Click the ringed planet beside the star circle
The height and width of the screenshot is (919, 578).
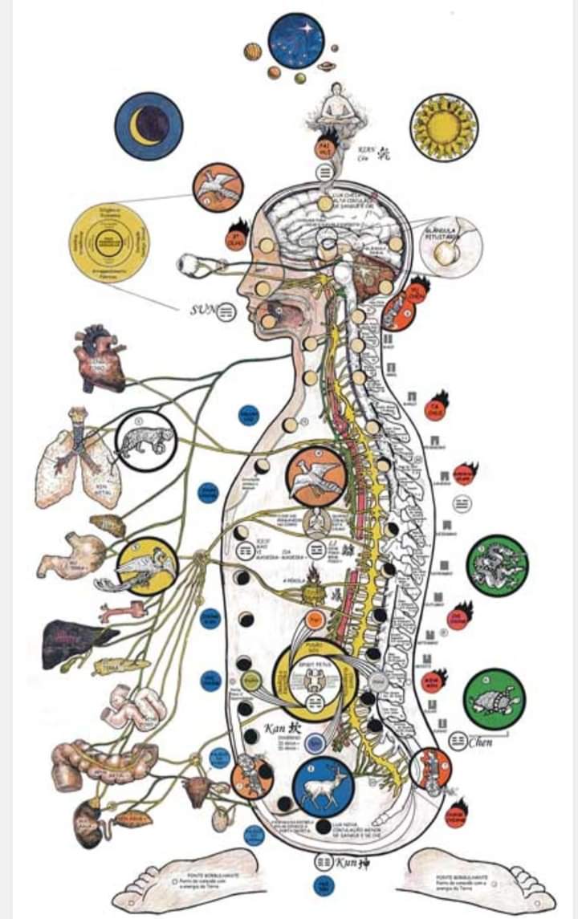[327, 67]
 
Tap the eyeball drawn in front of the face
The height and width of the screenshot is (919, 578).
[193, 263]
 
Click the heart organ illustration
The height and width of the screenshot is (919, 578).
[100, 360]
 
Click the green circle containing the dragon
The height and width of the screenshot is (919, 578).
[497, 565]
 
